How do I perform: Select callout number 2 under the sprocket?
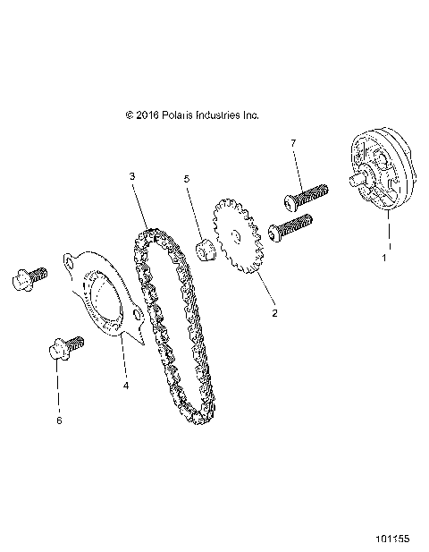(274, 313)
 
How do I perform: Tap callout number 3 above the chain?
(131, 176)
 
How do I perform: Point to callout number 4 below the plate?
(125, 386)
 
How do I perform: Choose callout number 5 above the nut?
(187, 179)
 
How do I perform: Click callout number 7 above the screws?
(292, 143)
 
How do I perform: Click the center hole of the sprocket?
(235, 236)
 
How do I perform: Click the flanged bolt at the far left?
(25, 281)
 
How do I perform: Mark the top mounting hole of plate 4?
(69, 260)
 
